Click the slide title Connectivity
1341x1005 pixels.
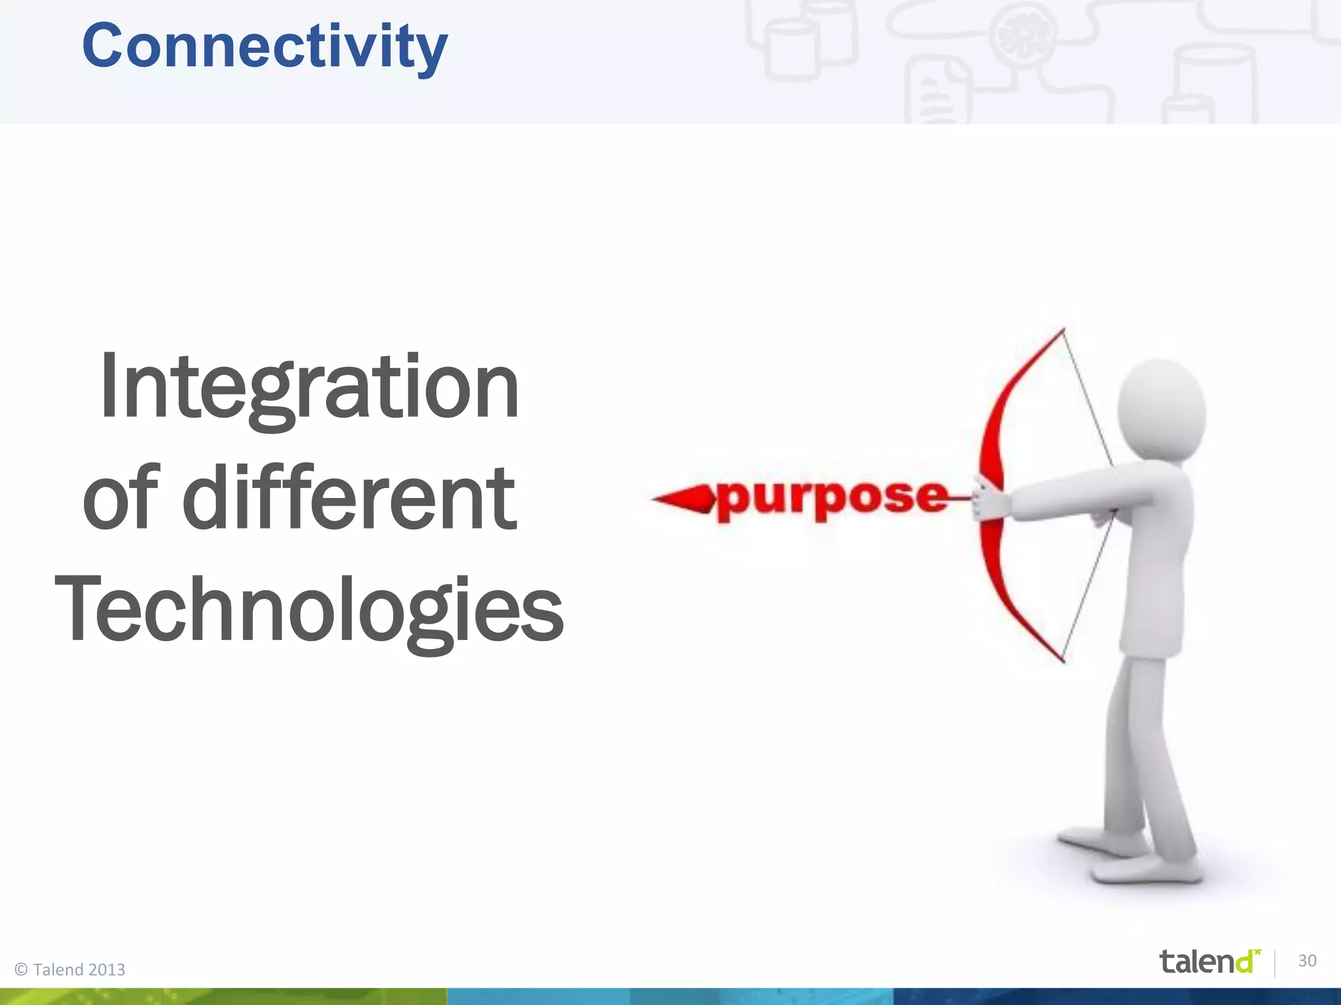[x=265, y=46]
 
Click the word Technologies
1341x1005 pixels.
[x=309, y=608]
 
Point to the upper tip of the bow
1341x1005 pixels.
[x=1062, y=331]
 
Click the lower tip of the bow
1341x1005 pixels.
[x=1062, y=660]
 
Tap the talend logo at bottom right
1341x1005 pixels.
[x=1209, y=961]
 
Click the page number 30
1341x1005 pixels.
[x=1307, y=961]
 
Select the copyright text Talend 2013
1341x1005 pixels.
[x=71, y=969]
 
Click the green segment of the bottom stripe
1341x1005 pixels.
[x=223, y=996]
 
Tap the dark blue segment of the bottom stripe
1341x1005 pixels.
[x=1113, y=996]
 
